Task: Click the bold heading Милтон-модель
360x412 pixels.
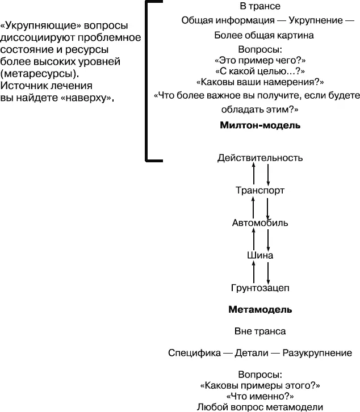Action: [x=259, y=125]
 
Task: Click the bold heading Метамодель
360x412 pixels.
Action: [x=260, y=310]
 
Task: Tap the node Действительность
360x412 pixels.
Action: [x=260, y=158]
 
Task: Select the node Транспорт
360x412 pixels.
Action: [x=260, y=191]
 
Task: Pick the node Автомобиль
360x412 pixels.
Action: [x=260, y=222]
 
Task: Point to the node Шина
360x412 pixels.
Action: [x=260, y=255]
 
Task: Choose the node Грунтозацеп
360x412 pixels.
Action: [x=260, y=288]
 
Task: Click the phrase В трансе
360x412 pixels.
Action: [x=260, y=7]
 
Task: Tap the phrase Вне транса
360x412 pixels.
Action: [x=260, y=331]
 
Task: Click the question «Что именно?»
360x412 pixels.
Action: [x=260, y=396]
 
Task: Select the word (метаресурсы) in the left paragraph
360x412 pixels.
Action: [x=39, y=74]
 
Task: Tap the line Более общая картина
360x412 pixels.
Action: [x=260, y=35]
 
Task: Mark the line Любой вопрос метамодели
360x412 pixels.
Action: [x=260, y=407]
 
